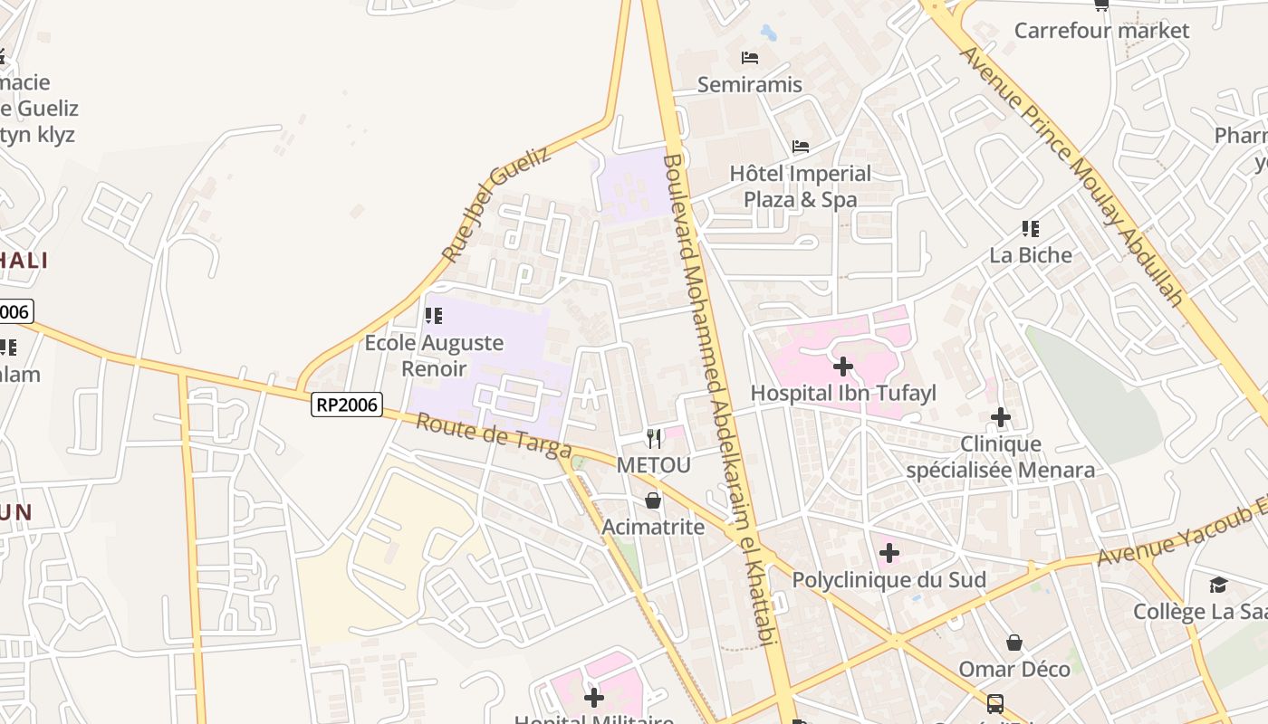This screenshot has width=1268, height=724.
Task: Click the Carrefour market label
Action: point(1101,31)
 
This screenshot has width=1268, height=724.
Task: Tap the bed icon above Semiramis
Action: point(750,58)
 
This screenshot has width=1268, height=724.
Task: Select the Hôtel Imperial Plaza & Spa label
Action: point(801,186)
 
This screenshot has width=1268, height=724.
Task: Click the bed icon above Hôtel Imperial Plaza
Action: point(801,146)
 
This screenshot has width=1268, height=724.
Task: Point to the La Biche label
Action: point(1031,255)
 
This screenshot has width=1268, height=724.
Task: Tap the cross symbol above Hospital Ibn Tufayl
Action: point(843,367)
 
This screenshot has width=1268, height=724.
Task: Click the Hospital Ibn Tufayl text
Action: point(843,393)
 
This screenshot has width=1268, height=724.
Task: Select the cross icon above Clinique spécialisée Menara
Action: point(1001,417)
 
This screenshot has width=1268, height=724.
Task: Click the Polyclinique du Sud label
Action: point(889,579)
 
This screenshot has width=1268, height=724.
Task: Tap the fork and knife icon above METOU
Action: point(654,439)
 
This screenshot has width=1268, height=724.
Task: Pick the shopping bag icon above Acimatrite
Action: point(653,500)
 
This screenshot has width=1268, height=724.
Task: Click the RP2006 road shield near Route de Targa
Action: point(347,405)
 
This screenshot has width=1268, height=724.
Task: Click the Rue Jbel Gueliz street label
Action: point(496,205)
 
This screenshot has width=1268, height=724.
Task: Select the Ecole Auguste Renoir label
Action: point(434,356)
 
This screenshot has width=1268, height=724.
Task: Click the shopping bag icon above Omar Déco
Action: point(1014,643)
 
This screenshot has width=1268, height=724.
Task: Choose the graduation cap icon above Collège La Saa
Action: point(1218,586)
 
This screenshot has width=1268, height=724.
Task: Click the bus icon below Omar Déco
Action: point(994,703)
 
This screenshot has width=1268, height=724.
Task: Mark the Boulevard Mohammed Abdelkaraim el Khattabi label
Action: point(720,398)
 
